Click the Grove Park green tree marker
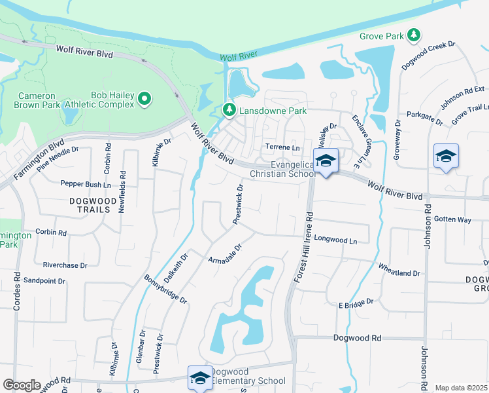[x=413, y=35]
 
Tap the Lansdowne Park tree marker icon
[x=229, y=110]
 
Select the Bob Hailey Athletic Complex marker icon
[x=145, y=100]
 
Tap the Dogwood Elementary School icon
[x=200, y=377]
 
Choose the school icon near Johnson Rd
[x=446, y=157]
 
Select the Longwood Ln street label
[x=335, y=241]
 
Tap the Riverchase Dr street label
[x=65, y=265]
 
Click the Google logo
[x=22, y=385]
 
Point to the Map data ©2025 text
[x=461, y=388]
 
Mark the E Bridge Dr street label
[x=356, y=303]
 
